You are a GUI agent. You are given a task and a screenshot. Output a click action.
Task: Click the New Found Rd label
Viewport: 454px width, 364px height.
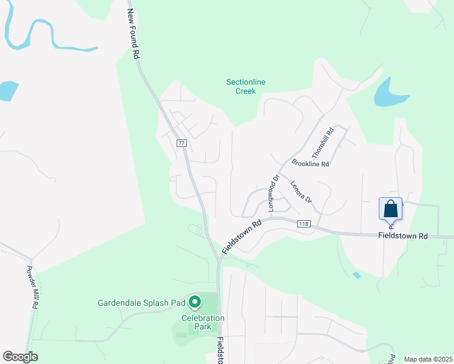tap(133, 34)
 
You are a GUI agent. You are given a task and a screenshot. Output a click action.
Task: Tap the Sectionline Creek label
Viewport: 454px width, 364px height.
tap(246, 87)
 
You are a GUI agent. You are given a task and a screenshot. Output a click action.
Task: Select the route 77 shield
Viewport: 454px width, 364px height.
tap(181, 143)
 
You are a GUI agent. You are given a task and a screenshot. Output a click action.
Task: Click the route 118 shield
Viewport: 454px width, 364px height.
tap(304, 224)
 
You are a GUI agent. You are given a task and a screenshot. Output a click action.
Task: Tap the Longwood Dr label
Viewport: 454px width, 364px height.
tap(273, 192)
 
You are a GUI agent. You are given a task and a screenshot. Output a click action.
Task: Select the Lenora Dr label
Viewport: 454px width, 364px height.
tap(300, 192)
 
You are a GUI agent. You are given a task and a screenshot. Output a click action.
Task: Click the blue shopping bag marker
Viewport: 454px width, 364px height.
tap(391, 209)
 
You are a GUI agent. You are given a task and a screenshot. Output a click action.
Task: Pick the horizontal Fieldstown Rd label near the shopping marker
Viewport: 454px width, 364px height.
tap(402, 235)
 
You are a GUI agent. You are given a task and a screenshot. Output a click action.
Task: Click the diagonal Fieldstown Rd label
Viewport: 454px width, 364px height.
tap(241, 236)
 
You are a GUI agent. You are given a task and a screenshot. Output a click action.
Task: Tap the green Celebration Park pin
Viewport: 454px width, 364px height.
tap(195, 302)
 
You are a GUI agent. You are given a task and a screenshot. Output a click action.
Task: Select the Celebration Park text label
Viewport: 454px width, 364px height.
tap(203, 322)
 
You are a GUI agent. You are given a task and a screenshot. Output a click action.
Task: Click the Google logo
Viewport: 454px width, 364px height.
tap(20, 357)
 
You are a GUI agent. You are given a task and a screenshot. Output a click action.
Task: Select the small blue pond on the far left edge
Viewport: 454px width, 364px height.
tap(7, 91)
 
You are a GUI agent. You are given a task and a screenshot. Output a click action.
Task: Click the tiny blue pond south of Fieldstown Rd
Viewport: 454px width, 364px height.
tap(356, 275)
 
